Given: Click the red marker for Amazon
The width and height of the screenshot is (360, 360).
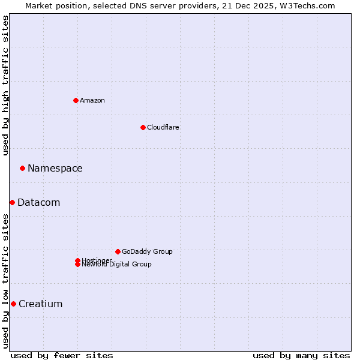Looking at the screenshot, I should [76, 100].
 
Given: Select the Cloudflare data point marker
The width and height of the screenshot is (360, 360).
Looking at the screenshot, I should [143, 127].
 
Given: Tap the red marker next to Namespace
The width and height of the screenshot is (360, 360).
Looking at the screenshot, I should [22, 168].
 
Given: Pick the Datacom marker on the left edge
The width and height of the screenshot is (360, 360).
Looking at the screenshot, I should [12, 202].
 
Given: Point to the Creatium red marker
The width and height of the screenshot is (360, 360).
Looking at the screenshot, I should [13, 304].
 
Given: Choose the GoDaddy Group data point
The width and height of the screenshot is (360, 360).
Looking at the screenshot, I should [118, 251].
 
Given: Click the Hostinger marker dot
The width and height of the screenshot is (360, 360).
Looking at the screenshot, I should [77, 260].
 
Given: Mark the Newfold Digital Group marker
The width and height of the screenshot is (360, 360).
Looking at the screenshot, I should [77, 265].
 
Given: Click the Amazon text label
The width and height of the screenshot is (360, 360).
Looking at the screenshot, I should [92, 100].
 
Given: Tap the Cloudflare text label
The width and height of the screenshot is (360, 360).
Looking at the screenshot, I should [163, 127].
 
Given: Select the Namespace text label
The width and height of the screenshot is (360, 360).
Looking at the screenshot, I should [55, 168].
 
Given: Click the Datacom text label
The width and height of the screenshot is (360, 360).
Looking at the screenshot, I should [38, 202].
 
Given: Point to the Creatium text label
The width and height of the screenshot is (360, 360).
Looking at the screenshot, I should [40, 304].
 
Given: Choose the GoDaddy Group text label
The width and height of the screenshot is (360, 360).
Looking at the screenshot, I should [147, 251].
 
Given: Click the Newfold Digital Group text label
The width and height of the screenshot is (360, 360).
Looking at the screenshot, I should [116, 265].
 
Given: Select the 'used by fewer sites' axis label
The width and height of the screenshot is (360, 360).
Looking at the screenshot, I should [62, 355].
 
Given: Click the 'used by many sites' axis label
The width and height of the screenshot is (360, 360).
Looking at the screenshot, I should [301, 355].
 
